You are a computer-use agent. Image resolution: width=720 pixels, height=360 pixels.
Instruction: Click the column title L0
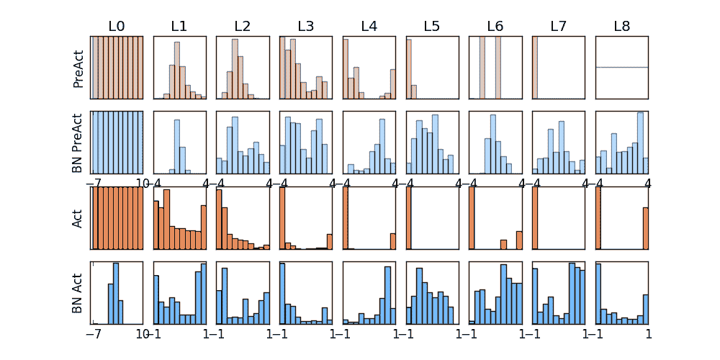(117, 27)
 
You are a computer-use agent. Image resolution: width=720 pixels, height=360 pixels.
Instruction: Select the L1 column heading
(179, 27)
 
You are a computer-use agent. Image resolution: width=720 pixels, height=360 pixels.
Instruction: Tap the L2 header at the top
(243, 27)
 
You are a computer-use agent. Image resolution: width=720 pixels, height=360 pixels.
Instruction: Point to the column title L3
(305, 27)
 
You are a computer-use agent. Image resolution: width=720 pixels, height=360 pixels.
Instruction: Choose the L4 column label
(369, 27)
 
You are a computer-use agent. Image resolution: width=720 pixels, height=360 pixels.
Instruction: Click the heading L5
(432, 27)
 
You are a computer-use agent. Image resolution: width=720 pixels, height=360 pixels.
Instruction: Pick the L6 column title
(495, 27)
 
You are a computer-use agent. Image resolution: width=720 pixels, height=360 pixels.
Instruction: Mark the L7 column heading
(558, 27)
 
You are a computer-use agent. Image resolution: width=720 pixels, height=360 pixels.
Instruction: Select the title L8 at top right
(621, 27)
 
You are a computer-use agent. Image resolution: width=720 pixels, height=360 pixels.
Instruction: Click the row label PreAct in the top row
(78, 68)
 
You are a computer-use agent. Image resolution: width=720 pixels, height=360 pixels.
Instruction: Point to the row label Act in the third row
(78, 217)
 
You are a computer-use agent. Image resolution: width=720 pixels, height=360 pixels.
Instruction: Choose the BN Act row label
(78, 293)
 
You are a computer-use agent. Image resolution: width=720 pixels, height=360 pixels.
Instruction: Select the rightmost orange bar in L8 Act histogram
(645, 228)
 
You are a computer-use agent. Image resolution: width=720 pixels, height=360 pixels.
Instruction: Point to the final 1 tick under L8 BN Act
(648, 334)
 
